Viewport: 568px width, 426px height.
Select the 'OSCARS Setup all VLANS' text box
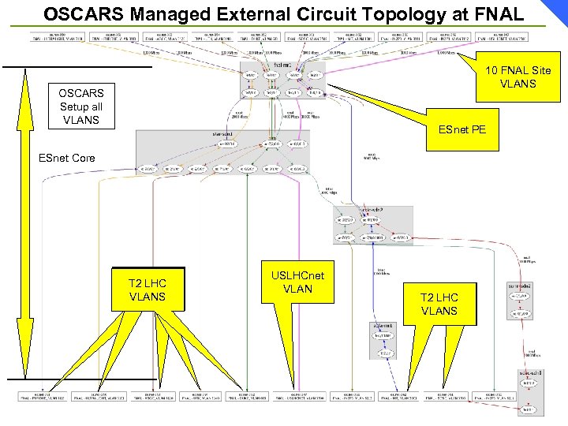coord(80,106)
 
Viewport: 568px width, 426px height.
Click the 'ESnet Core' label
coord(67,158)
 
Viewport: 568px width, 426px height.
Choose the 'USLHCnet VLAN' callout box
coord(297,282)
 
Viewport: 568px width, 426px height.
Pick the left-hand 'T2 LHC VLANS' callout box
coord(147,290)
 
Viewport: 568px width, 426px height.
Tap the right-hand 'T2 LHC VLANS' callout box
coord(439,304)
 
